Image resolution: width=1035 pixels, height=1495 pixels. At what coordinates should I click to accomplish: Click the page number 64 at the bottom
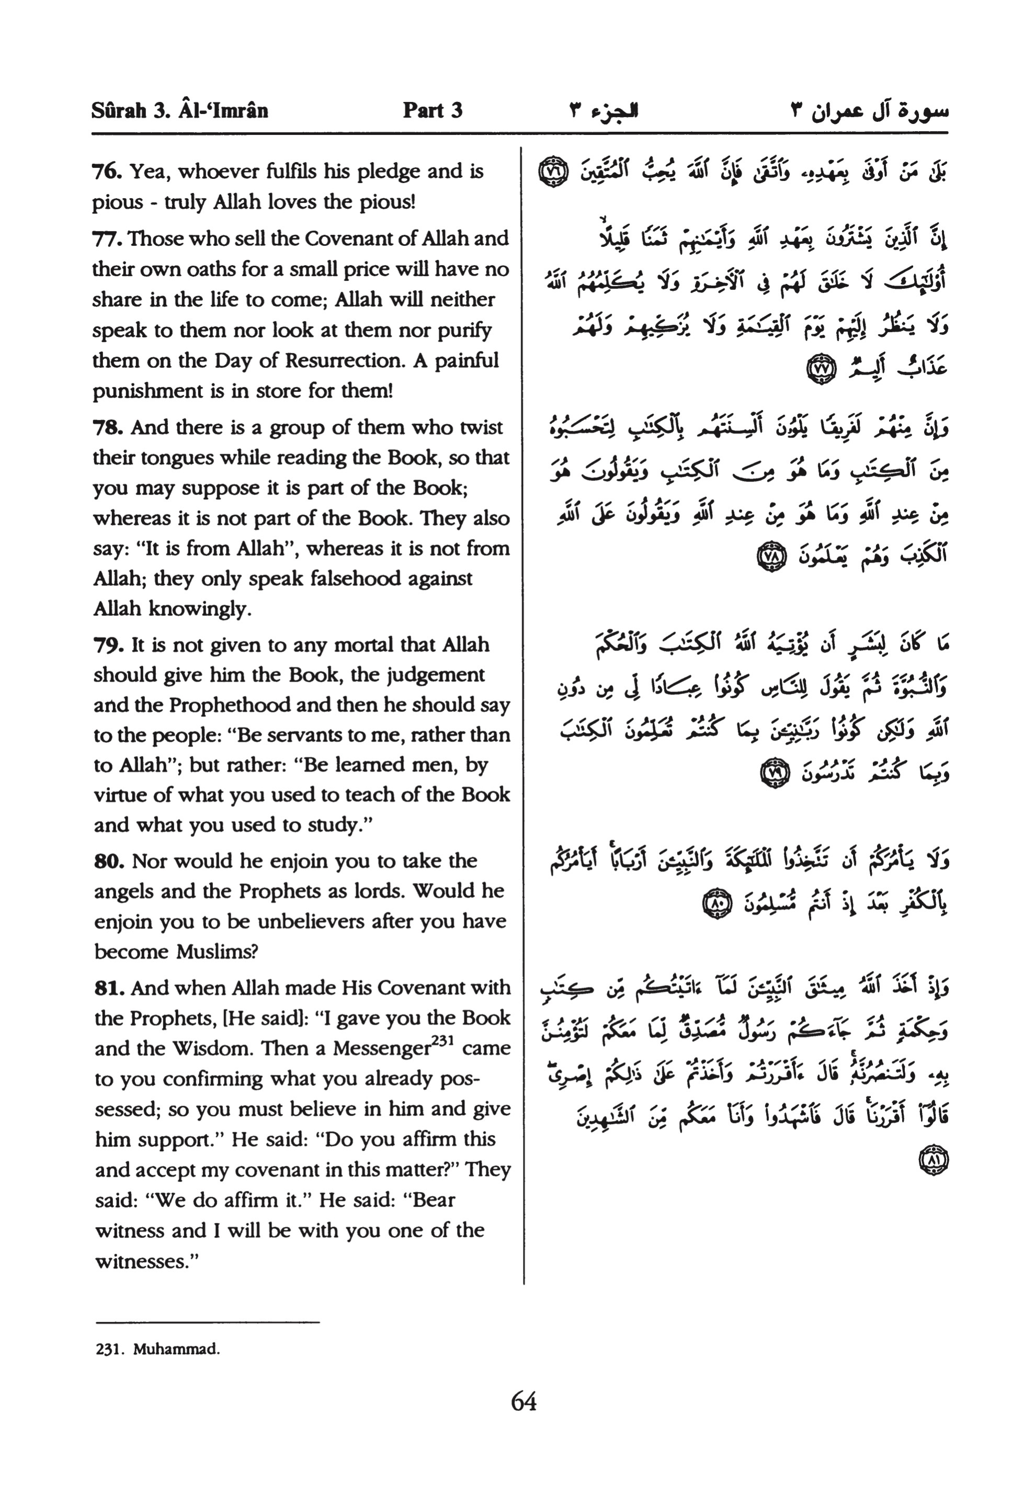point(524,1401)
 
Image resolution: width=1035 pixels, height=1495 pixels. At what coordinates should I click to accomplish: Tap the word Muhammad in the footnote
point(176,1350)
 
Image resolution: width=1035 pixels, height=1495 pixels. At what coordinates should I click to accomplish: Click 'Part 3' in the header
point(433,110)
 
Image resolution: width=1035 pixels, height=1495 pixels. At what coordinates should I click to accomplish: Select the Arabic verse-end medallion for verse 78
point(770,557)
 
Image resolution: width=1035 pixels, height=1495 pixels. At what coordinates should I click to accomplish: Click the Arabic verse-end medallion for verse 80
point(716,903)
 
